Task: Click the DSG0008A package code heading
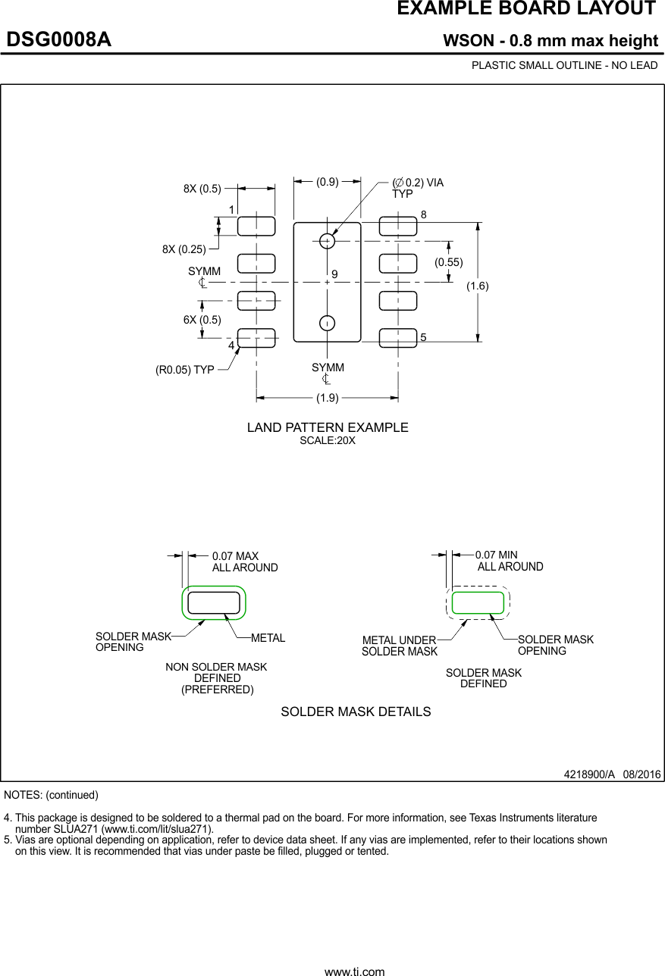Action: pos(59,40)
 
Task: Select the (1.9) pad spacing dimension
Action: pos(328,397)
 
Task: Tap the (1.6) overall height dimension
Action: pos(478,286)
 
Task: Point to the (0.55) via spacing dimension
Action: pos(448,262)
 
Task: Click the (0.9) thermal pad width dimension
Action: pos(328,182)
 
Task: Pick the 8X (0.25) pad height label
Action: pos(184,249)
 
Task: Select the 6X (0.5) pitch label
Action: pos(202,320)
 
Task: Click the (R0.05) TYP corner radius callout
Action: pos(184,371)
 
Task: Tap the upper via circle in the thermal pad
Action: pos(327,241)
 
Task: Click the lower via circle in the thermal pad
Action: pos(327,324)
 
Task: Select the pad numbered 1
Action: pos(256,226)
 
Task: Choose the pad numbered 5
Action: pos(398,337)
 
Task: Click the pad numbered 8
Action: pos(398,226)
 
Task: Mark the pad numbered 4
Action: pos(256,338)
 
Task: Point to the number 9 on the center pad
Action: pos(334,273)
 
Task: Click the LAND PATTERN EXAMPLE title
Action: pos(328,428)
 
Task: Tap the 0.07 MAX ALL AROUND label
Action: pos(244,562)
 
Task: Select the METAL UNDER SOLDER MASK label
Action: pos(399,646)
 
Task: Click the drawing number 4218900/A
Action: pos(588,774)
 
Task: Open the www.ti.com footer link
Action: pos(354,971)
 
